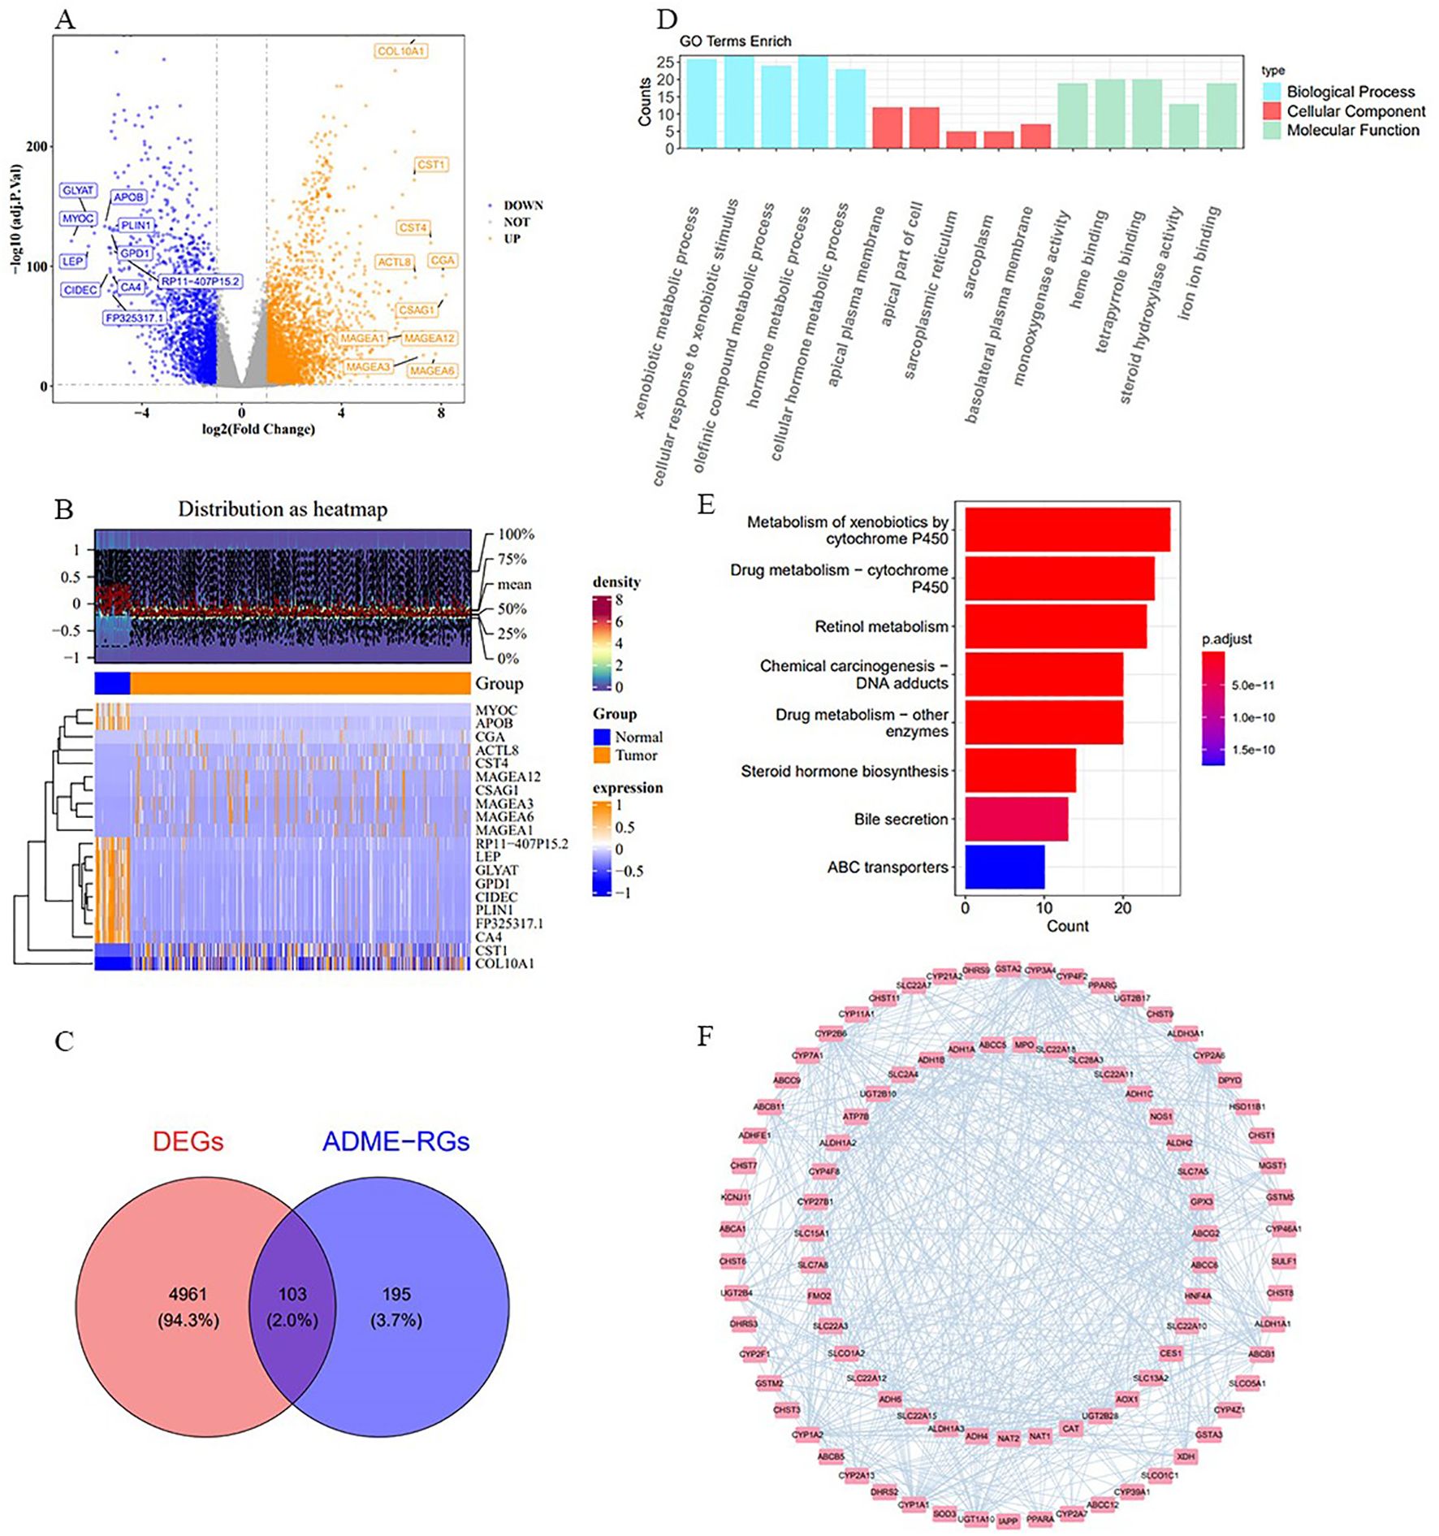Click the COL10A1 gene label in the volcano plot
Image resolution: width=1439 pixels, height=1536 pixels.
tap(401, 51)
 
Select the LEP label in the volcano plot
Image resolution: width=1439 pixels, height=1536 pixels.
tap(72, 262)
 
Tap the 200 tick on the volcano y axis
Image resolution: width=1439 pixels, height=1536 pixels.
tap(37, 146)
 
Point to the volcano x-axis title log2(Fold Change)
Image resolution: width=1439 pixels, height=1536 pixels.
tap(258, 429)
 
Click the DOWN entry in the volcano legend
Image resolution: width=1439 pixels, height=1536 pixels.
tap(522, 206)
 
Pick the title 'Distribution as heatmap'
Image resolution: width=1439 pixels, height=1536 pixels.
tap(283, 509)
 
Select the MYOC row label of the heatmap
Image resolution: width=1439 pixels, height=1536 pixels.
tap(495, 710)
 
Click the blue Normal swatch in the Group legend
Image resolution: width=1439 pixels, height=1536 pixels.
tap(602, 737)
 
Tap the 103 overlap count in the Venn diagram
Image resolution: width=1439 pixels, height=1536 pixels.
tap(292, 1294)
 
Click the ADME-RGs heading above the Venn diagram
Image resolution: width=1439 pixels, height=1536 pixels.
tap(395, 1141)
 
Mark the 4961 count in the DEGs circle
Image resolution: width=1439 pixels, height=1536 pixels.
tap(188, 1294)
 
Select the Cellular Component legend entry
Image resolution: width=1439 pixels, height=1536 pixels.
tap(1355, 111)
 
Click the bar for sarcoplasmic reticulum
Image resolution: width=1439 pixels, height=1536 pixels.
tap(961, 140)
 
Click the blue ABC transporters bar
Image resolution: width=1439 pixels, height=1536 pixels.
tap(1005, 867)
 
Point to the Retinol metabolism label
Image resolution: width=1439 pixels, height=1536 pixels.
tap(881, 626)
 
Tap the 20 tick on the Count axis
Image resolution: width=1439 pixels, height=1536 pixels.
tap(1122, 908)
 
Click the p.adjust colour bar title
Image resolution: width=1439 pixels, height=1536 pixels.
tap(1226, 639)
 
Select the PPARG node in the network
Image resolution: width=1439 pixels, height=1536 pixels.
tap(1102, 985)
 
